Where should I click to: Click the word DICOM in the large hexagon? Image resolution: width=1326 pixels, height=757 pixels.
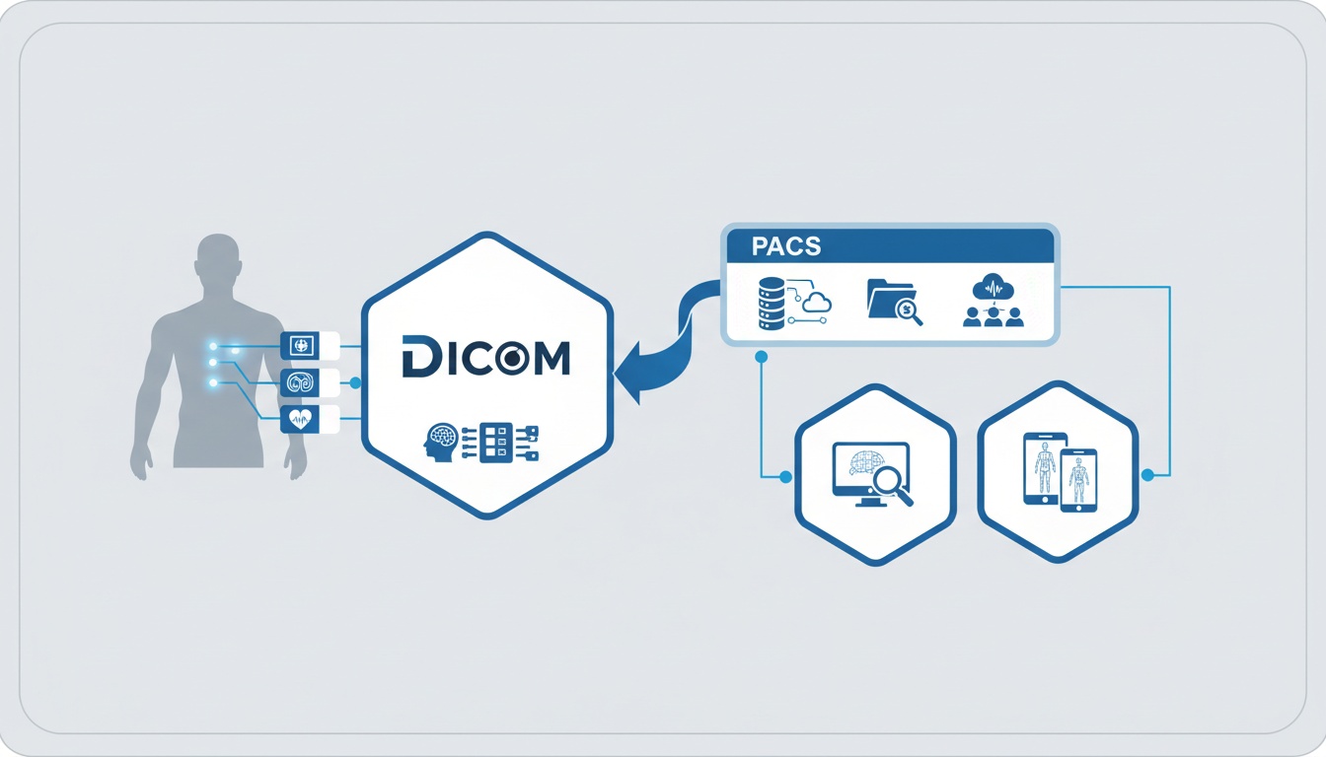pos(486,357)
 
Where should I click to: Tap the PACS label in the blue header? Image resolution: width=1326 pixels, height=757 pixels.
pos(785,245)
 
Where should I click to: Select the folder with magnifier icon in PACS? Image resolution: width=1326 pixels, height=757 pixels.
pos(894,301)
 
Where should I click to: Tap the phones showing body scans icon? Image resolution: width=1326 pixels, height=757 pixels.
pos(1060,473)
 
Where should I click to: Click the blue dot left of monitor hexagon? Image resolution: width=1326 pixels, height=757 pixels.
pos(785,477)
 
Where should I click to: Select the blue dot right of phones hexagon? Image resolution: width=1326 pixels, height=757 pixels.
pos(1146,475)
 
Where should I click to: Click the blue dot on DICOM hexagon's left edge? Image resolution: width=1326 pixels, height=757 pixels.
pos(355,382)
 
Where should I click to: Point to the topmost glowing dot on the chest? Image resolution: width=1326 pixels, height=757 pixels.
pos(213,346)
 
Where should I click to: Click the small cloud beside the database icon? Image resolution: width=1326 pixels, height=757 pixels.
pos(817,303)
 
